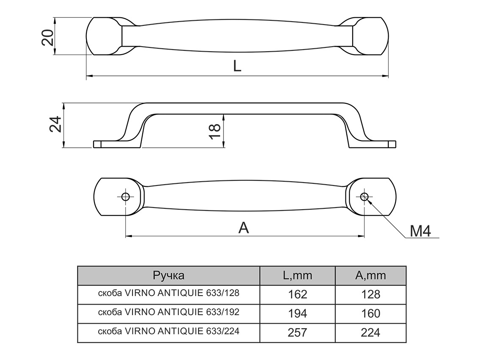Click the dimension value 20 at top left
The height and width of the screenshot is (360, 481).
(x=47, y=37)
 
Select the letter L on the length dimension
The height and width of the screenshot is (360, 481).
(x=237, y=66)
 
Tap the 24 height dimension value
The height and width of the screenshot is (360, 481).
(x=55, y=125)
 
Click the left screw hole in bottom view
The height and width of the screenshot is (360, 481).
(x=125, y=197)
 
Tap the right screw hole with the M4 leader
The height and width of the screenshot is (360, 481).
(x=364, y=196)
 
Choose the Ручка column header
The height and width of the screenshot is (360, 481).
(x=169, y=276)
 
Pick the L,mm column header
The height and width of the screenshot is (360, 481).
(x=297, y=276)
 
